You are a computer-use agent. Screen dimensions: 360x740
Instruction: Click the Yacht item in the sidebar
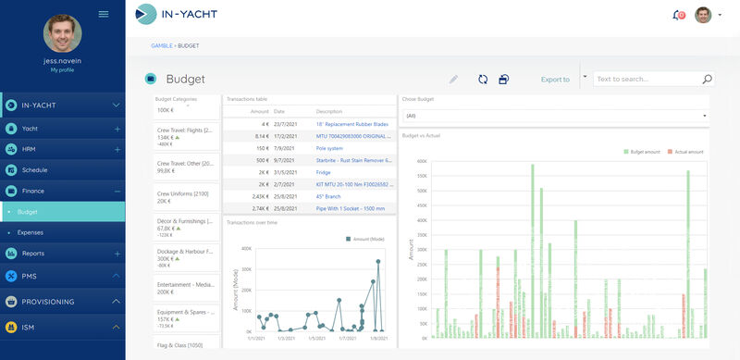point(30,129)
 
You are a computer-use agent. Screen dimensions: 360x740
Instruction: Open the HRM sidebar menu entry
point(29,149)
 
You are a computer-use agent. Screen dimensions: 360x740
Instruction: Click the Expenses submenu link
point(31,232)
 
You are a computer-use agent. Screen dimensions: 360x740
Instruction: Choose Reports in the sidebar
point(33,253)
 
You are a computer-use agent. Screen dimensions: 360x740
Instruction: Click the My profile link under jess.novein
point(63,69)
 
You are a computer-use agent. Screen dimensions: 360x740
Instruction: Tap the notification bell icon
point(677,15)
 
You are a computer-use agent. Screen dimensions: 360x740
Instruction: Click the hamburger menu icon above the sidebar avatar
point(104,14)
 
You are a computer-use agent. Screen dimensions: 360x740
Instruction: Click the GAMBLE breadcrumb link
point(161,45)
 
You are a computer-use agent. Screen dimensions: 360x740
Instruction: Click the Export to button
point(555,80)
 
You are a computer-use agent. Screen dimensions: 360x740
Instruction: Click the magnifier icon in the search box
point(708,80)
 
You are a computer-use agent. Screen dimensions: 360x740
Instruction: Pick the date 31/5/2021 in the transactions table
point(284,171)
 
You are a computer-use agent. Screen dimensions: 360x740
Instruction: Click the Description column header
point(329,111)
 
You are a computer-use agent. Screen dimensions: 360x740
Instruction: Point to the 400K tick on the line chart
point(246,248)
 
